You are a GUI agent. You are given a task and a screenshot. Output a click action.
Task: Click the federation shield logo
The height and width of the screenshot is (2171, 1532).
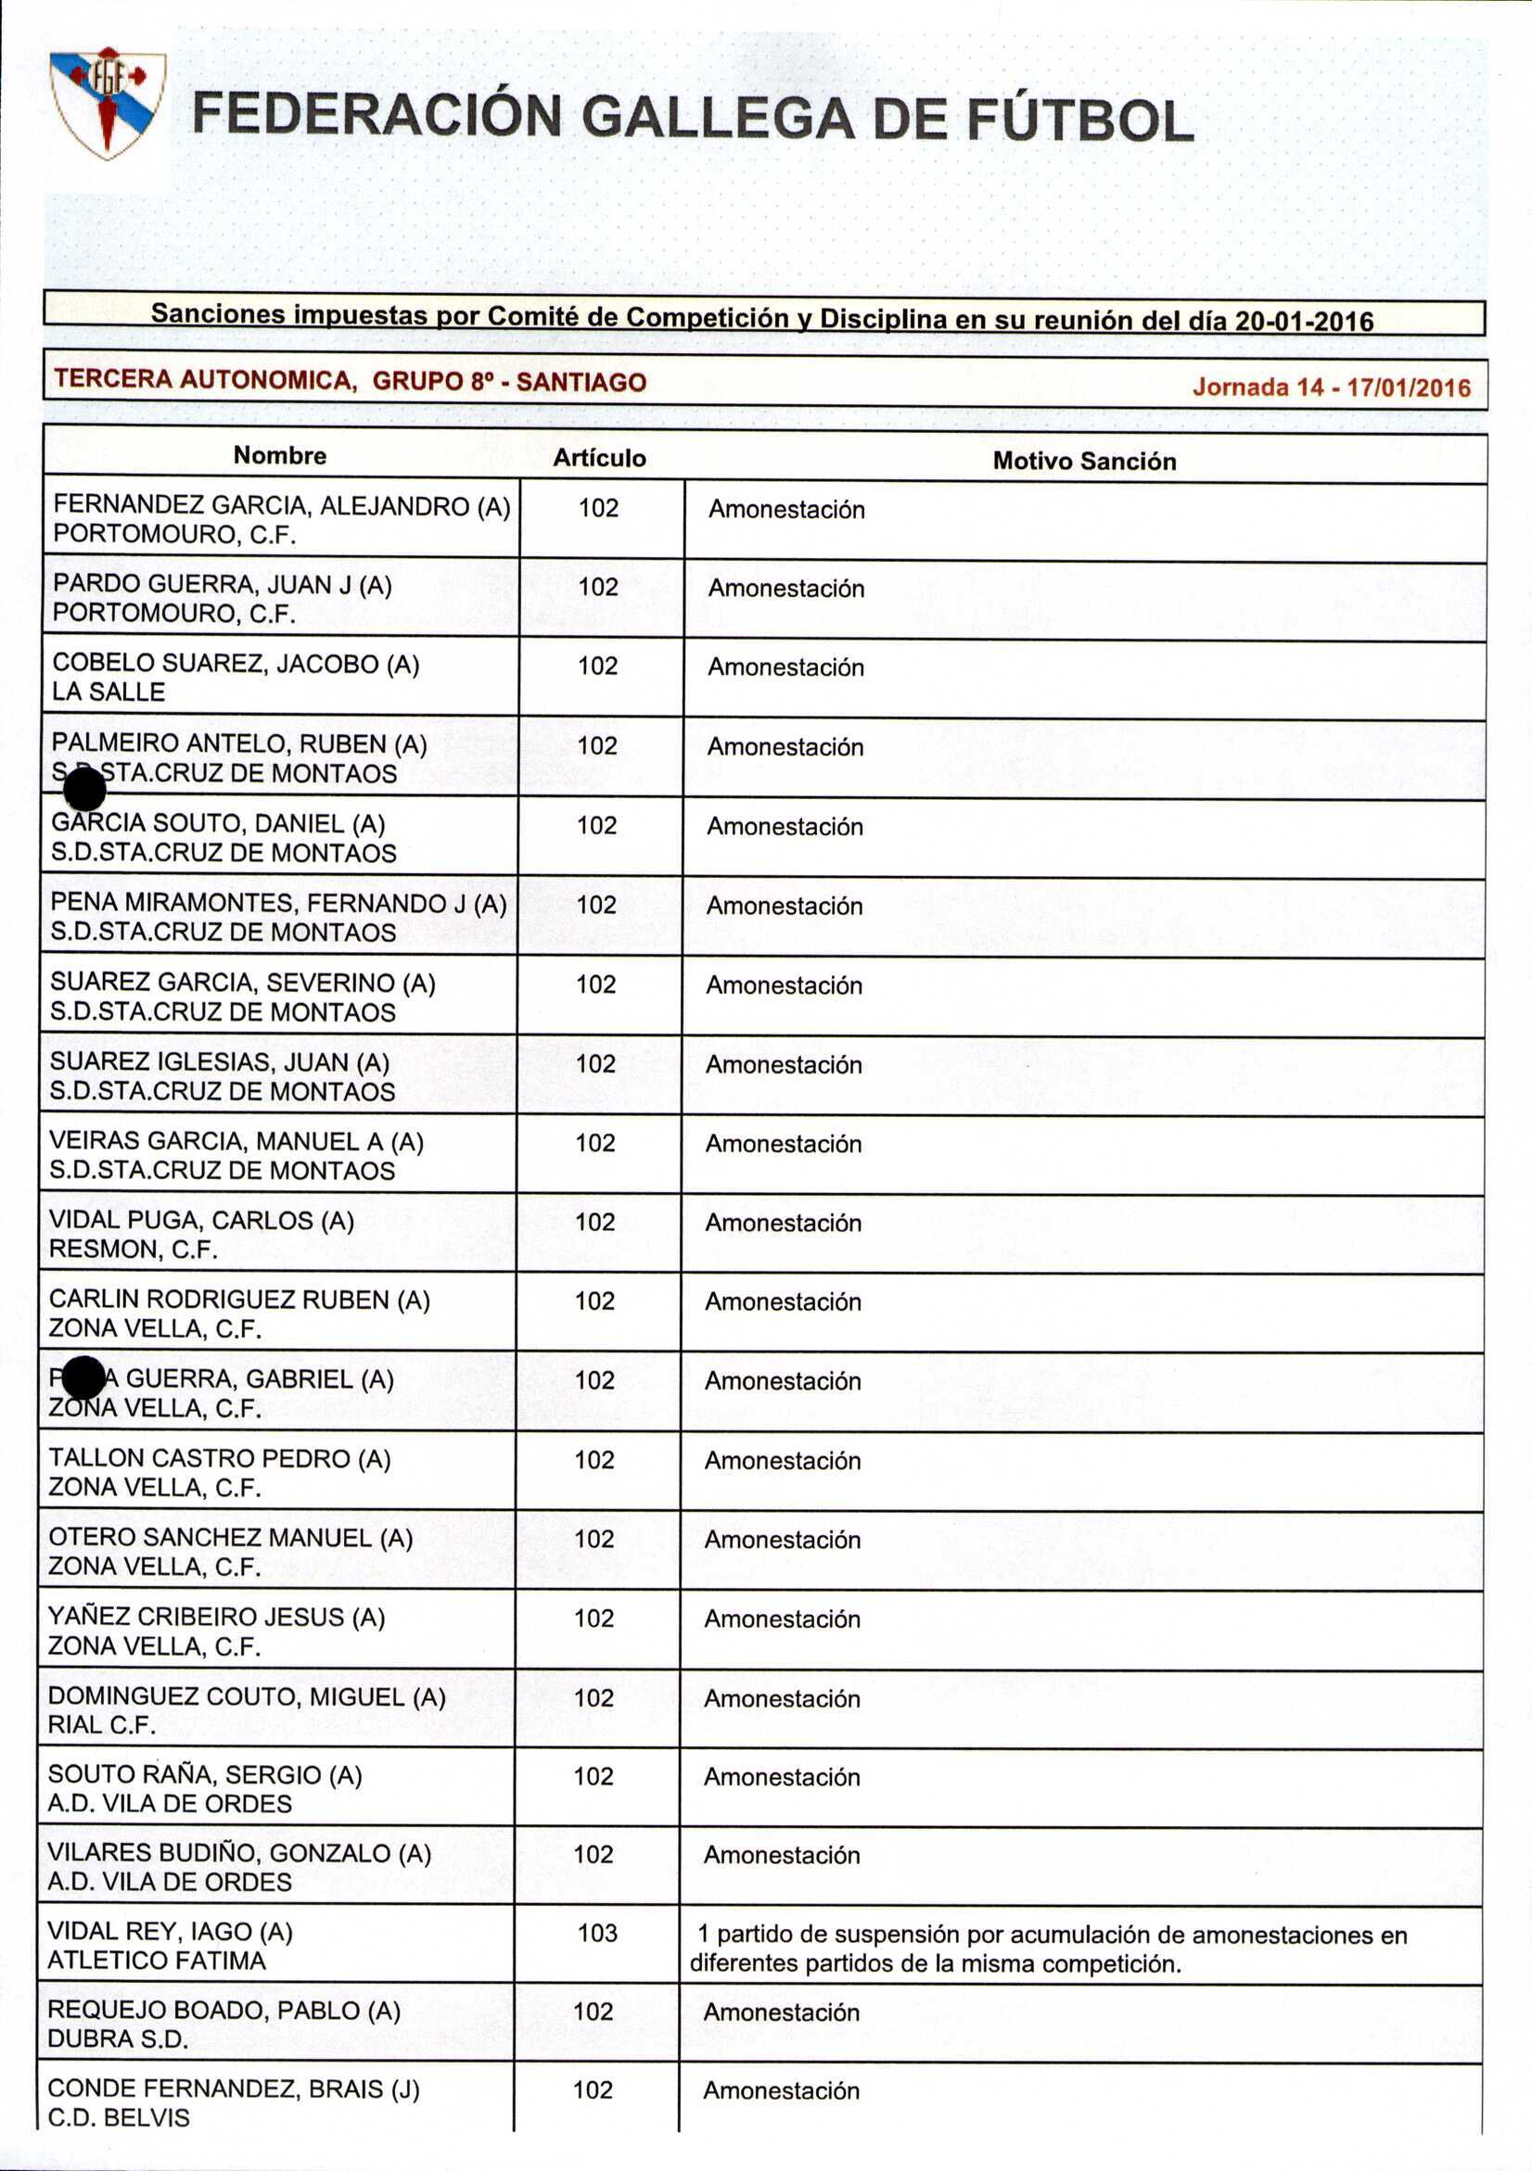tap(108, 102)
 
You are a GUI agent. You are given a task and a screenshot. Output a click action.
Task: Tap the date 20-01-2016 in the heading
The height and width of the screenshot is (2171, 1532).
tap(1304, 322)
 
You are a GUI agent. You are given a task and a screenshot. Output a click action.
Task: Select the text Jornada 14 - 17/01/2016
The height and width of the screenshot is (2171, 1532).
tap(1331, 387)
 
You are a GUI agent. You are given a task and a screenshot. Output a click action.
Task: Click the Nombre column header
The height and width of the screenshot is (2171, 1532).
tap(280, 456)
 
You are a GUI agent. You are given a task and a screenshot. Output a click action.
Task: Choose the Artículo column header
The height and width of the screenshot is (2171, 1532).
tap(600, 459)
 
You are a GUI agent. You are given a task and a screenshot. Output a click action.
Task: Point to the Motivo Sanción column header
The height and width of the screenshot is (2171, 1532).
tap(1084, 462)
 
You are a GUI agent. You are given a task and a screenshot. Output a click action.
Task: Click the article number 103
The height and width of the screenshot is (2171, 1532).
tap(597, 1933)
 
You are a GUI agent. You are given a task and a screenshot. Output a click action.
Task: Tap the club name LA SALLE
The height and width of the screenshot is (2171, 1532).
tap(109, 692)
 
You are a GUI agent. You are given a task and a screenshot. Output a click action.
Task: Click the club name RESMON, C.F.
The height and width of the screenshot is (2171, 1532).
tap(134, 1249)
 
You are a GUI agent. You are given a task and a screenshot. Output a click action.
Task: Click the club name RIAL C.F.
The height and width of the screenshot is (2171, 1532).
tap(102, 1725)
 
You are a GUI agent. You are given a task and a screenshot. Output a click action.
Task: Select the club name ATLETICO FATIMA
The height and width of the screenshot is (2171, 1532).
tap(157, 1961)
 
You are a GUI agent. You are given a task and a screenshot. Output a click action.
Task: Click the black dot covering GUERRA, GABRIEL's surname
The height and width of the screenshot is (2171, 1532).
tap(83, 1378)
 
